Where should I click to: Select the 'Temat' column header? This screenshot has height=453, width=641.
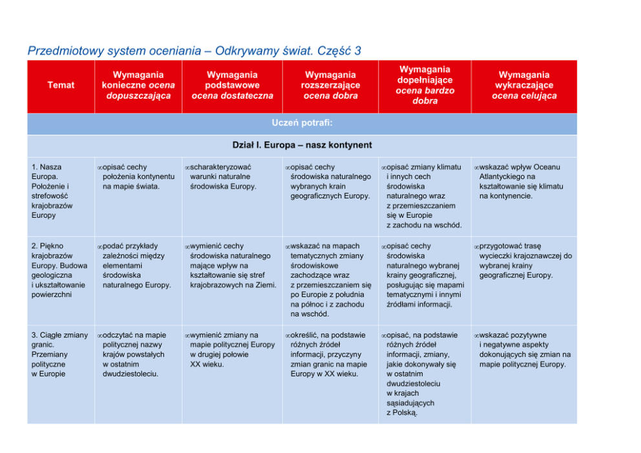(x=61, y=85)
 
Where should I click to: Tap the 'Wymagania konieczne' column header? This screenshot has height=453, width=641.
(x=138, y=85)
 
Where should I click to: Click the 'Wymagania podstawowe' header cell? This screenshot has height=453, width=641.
(x=232, y=85)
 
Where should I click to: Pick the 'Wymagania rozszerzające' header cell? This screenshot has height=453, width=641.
(x=330, y=85)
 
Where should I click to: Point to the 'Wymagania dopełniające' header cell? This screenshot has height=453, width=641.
(x=425, y=85)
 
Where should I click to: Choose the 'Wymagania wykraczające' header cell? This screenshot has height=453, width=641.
(x=524, y=85)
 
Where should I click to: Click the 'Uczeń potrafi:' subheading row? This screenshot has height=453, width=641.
(x=302, y=123)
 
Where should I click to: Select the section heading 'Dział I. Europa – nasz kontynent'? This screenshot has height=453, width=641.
(x=302, y=145)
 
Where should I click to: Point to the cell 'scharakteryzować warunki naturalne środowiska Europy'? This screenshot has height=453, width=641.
(x=224, y=176)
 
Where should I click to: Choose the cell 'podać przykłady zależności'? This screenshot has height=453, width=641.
(x=136, y=266)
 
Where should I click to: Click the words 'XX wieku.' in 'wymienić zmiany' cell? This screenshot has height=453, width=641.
(x=207, y=364)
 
